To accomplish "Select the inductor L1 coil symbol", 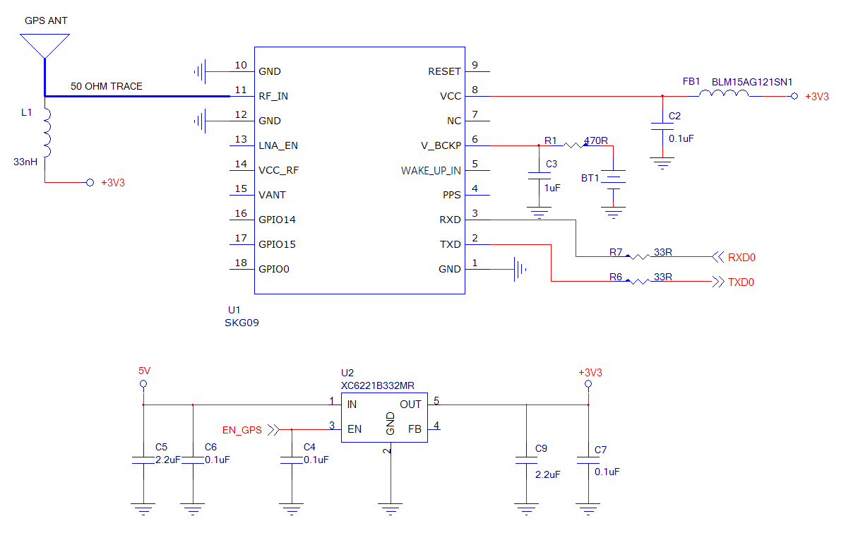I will coord(47,133).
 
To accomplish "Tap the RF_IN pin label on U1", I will coord(273,96).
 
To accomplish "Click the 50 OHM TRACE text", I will coord(106,86).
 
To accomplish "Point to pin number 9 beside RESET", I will coord(475,66).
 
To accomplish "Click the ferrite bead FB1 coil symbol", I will coord(723,96).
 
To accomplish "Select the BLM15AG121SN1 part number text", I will coord(752,82).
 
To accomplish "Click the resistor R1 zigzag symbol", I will coord(574,145).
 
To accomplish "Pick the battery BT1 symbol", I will coord(614,179).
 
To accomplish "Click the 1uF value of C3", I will coord(552,188).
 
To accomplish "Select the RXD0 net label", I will coord(741,258).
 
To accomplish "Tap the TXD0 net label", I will coord(741,282).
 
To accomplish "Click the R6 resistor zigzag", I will coord(638,282).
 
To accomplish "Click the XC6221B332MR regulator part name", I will coord(377,385).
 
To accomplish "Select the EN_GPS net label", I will coord(242,429).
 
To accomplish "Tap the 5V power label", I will coord(144,371).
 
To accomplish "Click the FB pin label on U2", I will coord(415,429).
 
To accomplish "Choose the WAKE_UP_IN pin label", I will coord(431,170).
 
